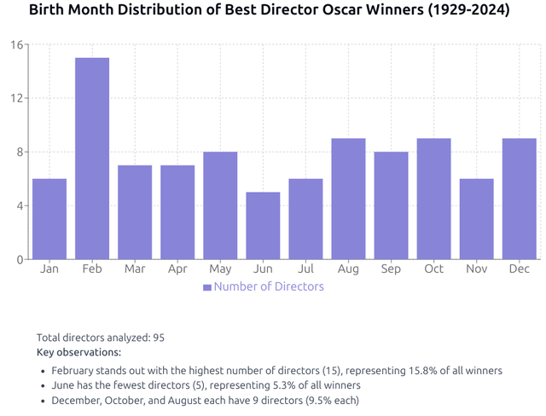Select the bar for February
coord(92,159)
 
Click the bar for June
coord(263,226)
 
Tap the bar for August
coord(348,199)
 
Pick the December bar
coord(519,199)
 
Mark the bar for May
coord(220,205)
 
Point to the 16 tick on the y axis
coord(15,44)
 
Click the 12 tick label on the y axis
coord(15,98)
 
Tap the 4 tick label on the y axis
coord(19,205)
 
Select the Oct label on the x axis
coord(433,269)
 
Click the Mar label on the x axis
coord(135,269)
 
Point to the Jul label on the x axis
coord(305,269)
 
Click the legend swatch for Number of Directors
coord(206,287)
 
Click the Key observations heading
coord(78,352)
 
